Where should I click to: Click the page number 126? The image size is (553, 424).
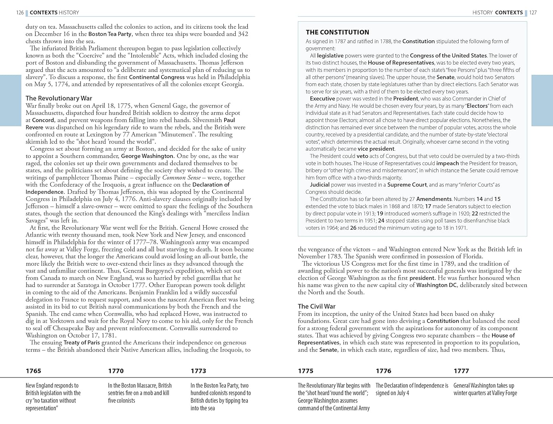click(x=20, y=13)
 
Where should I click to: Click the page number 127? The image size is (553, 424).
click(x=533, y=13)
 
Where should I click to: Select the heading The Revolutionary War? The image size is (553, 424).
click(x=59, y=98)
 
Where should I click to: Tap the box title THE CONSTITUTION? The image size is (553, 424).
click(x=337, y=32)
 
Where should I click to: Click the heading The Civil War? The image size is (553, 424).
click(x=317, y=306)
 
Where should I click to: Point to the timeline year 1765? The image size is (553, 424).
click(x=34, y=371)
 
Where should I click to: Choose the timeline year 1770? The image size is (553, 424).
click(x=116, y=371)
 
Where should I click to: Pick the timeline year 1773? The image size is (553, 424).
click(x=198, y=371)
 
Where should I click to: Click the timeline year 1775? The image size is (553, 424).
click(x=306, y=371)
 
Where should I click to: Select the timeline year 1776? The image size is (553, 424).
click(x=383, y=371)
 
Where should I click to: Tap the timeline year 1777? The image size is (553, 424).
click(x=461, y=371)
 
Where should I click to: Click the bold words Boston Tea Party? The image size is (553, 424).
click(x=110, y=34)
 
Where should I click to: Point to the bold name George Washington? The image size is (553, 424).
click(x=147, y=156)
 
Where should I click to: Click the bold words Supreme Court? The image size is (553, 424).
click(x=407, y=185)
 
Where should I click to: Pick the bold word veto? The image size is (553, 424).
click(x=362, y=156)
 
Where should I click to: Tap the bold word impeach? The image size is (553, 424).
click(x=448, y=163)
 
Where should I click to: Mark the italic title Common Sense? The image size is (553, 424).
click(x=181, y=178)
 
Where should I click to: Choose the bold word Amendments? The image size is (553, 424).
click(x=434, y=199)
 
